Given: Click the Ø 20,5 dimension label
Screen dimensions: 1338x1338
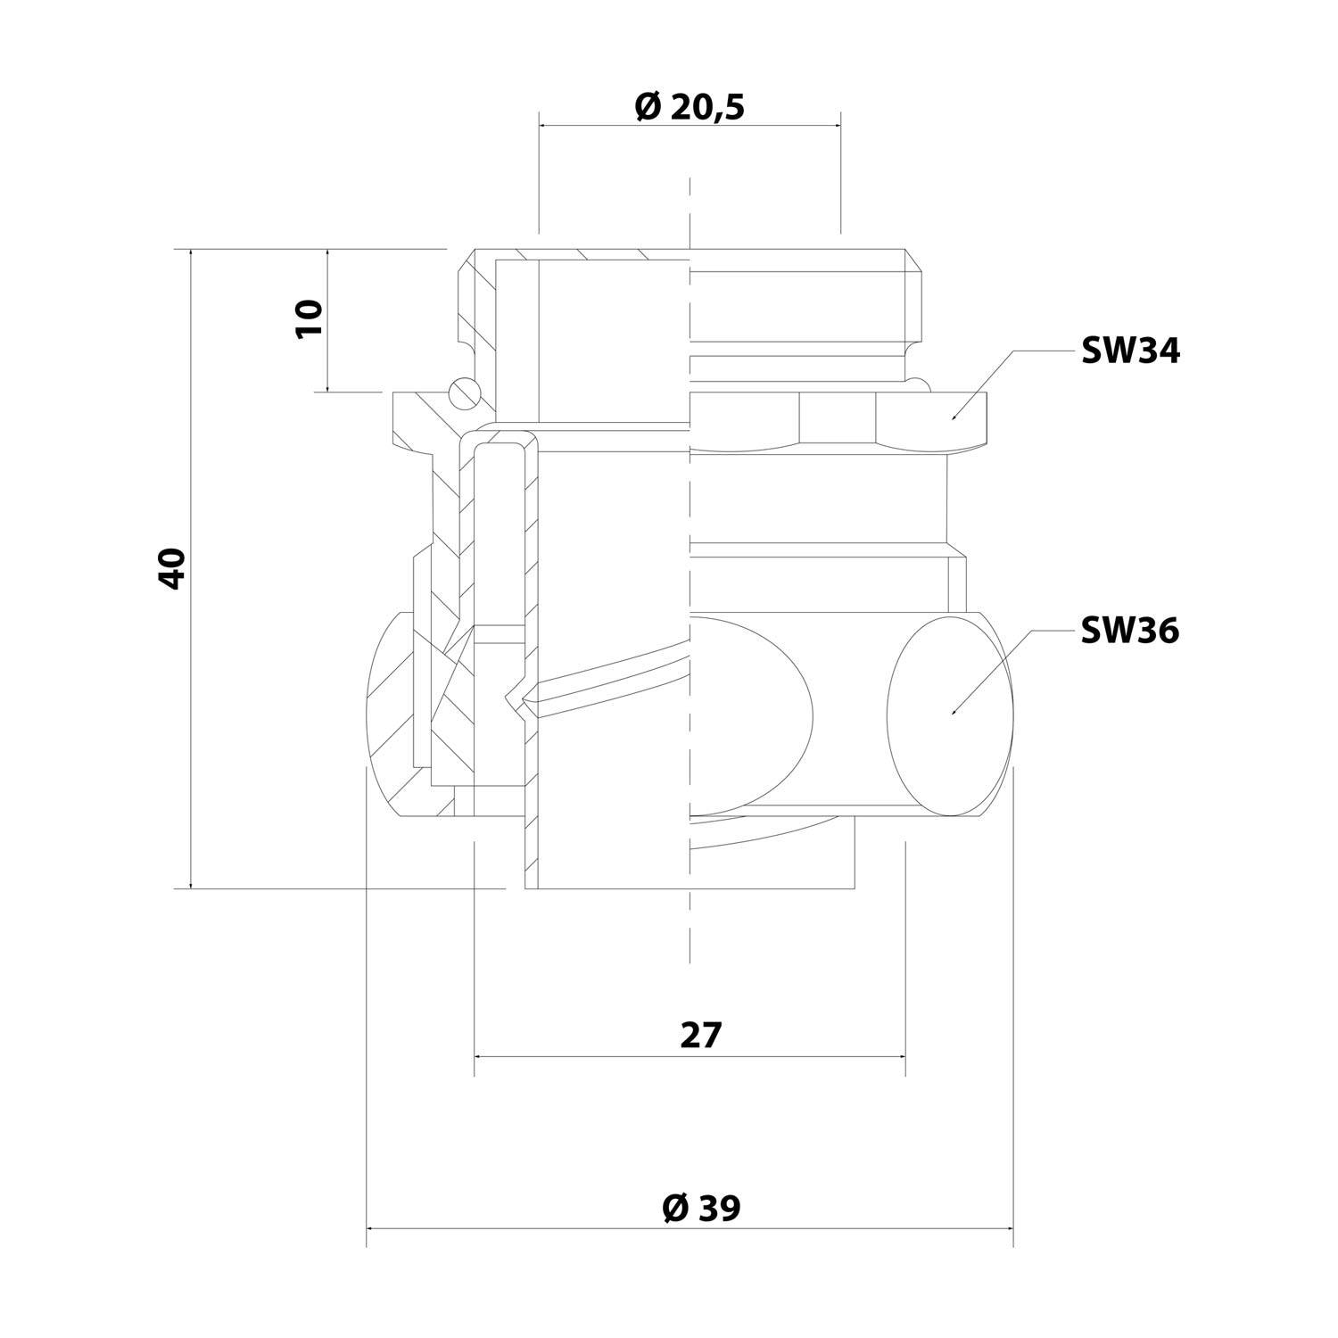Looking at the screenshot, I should coord(689,107).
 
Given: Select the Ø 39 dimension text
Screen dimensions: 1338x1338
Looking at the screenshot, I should coord(701,1209).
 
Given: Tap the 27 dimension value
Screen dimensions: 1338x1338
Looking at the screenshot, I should coord(700,1036).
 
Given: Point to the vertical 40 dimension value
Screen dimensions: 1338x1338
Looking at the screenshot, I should coord(170,568).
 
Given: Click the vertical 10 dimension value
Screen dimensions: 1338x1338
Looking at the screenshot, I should coord(308,318).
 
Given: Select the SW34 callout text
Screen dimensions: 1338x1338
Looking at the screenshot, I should coord(1130,351).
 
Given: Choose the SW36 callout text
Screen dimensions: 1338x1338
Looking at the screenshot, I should coord(1130,631).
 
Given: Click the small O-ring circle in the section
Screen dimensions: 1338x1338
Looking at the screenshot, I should coord(464,390).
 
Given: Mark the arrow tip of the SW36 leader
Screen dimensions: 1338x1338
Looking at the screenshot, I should coord(952,714).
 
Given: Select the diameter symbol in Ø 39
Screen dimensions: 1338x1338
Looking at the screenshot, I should coord(674,1209).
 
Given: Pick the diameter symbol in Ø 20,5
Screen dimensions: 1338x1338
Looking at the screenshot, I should coord(648,107).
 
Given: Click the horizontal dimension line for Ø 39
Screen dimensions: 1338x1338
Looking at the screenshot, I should coord(535,1229).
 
